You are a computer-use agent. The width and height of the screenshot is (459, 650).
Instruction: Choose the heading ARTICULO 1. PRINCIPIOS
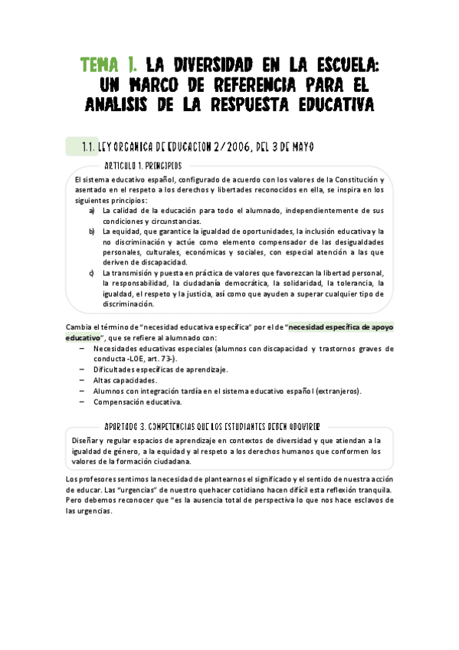tap(143, 166)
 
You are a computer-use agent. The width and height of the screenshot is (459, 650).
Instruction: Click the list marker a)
tap(92, 210)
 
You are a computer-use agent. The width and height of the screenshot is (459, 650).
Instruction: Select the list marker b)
tap(92, 231)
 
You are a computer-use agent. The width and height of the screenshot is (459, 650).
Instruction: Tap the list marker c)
tap(92, 272)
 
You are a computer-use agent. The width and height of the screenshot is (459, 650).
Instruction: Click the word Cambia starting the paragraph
tap(80, 327)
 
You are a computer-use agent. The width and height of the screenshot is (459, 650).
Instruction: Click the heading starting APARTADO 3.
tap(211, 425)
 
